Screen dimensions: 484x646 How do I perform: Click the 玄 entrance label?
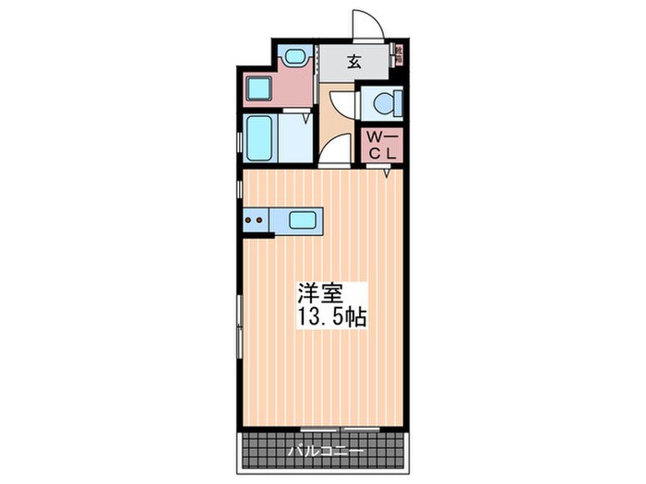coord(353,63)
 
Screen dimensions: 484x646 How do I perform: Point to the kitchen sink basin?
coord(303,220)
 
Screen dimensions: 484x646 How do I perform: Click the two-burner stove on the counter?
coord(255,220)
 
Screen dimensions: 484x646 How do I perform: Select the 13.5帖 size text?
coord(331,318)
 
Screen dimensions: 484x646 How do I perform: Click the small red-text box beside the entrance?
coord(400,53)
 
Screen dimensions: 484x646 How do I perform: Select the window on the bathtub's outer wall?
coord(242,139)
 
